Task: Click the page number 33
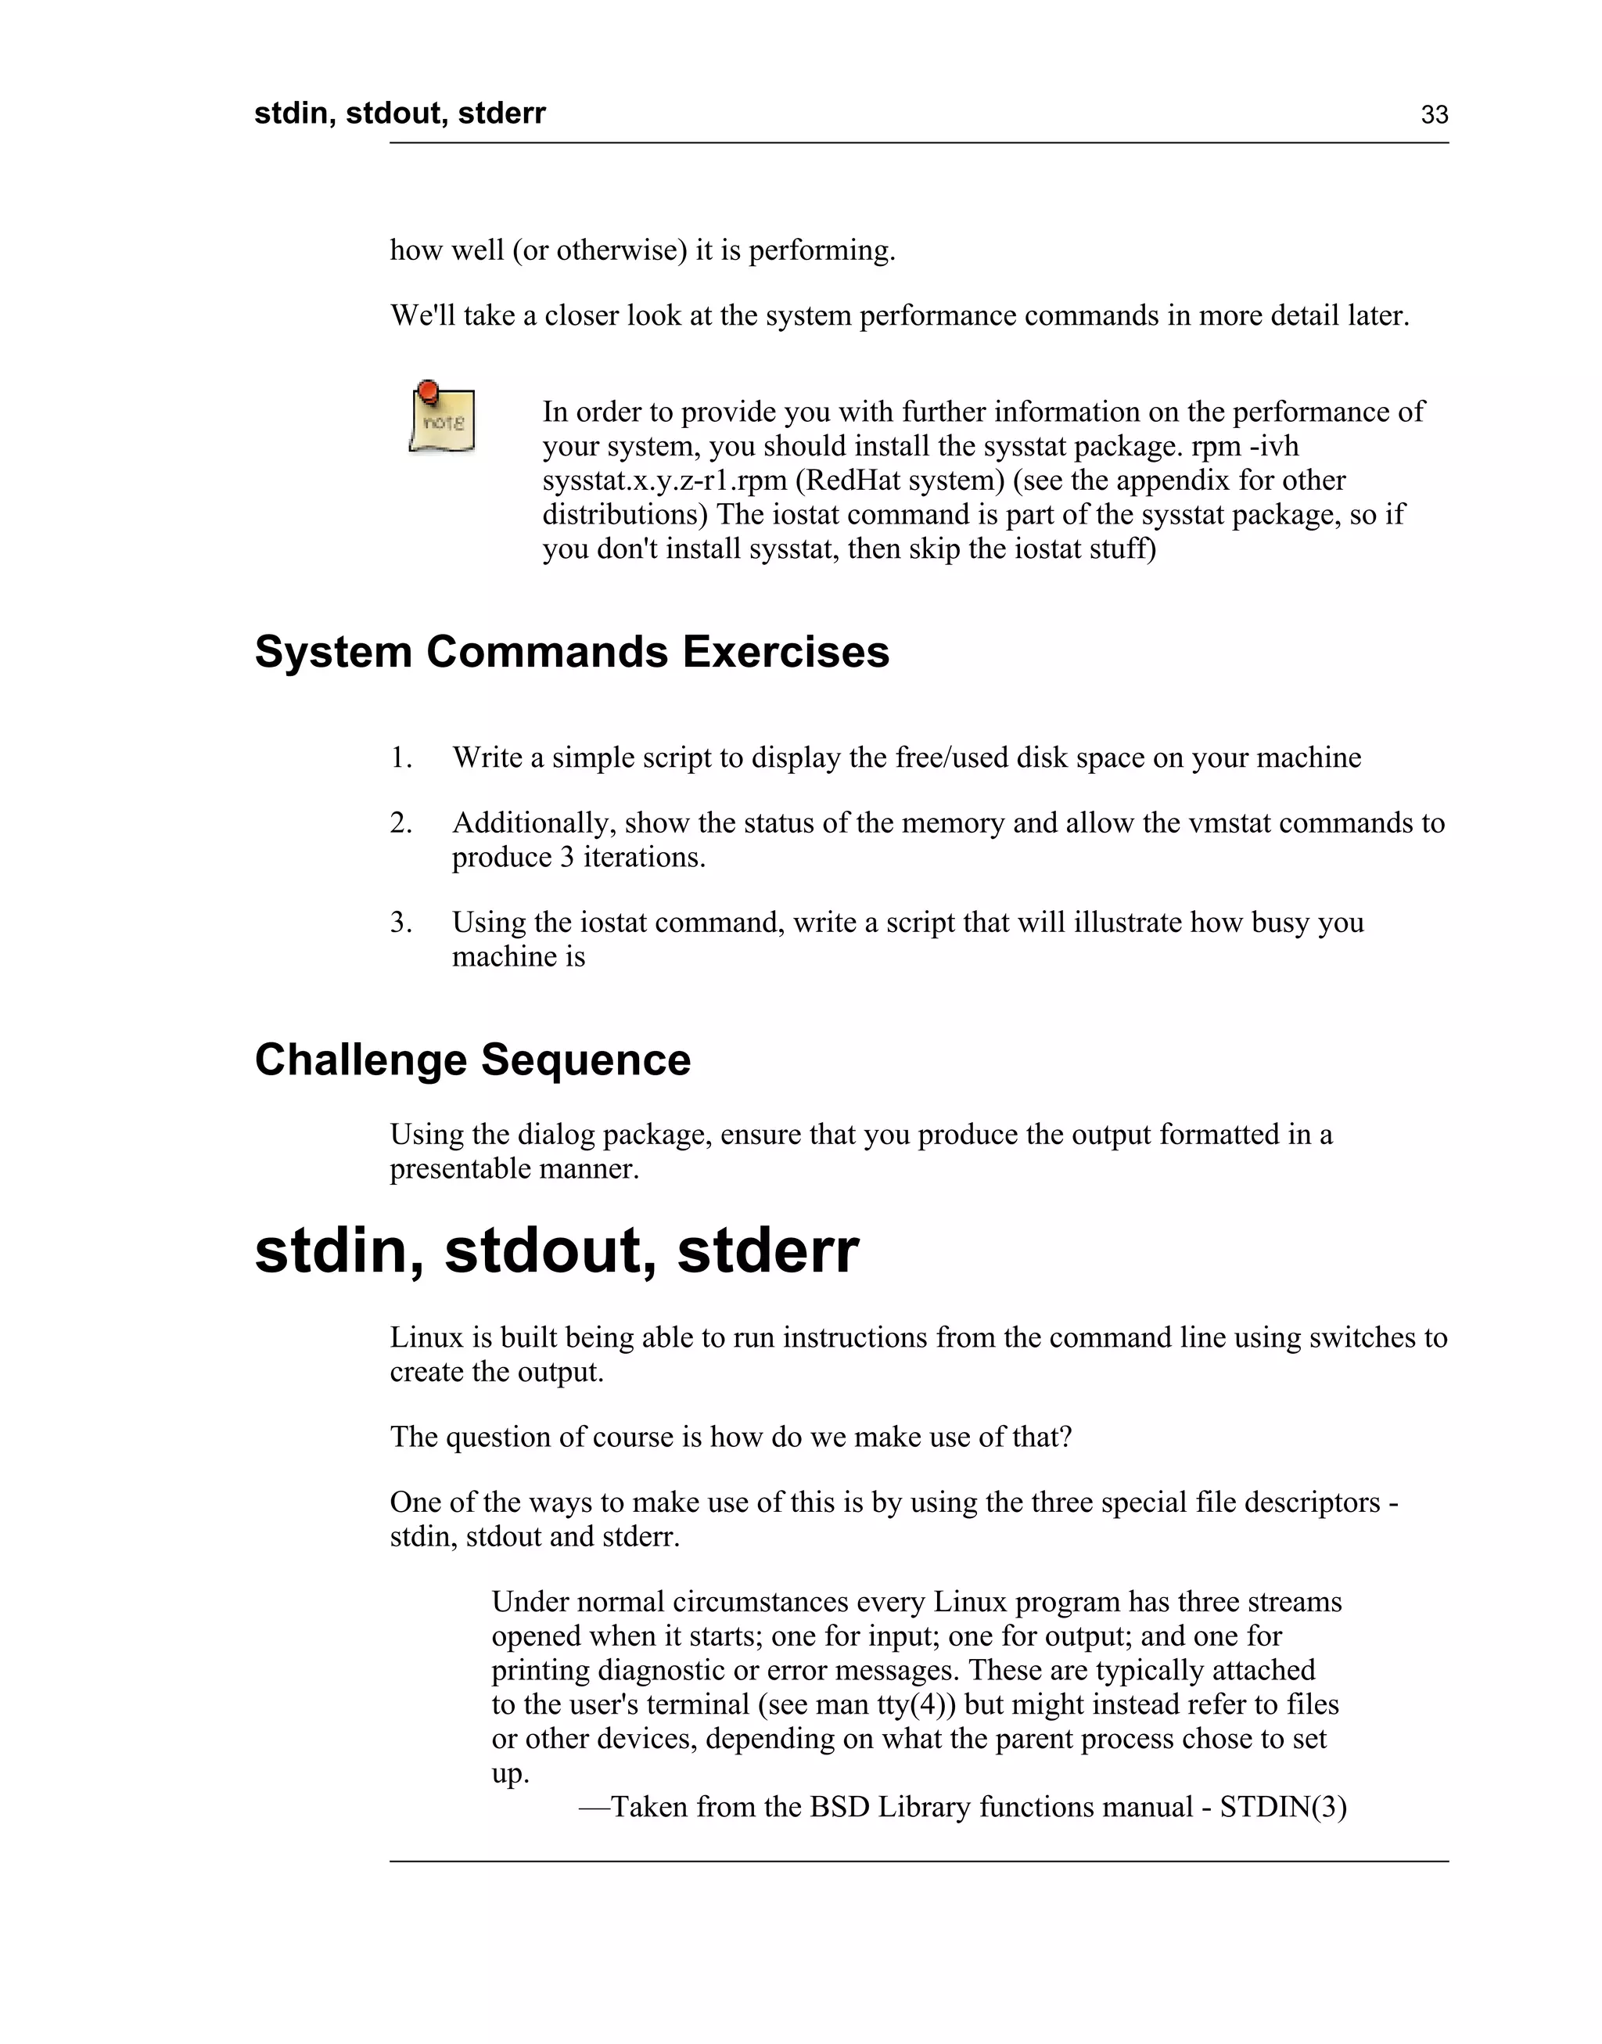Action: [x=1434, y=115]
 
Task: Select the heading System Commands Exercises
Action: [x=571, y=652]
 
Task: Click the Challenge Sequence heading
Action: [x=472, y=1060]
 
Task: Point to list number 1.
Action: [x=400, y=758]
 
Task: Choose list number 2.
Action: [x=400, y=823]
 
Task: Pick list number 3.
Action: [x=400, y=923]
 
